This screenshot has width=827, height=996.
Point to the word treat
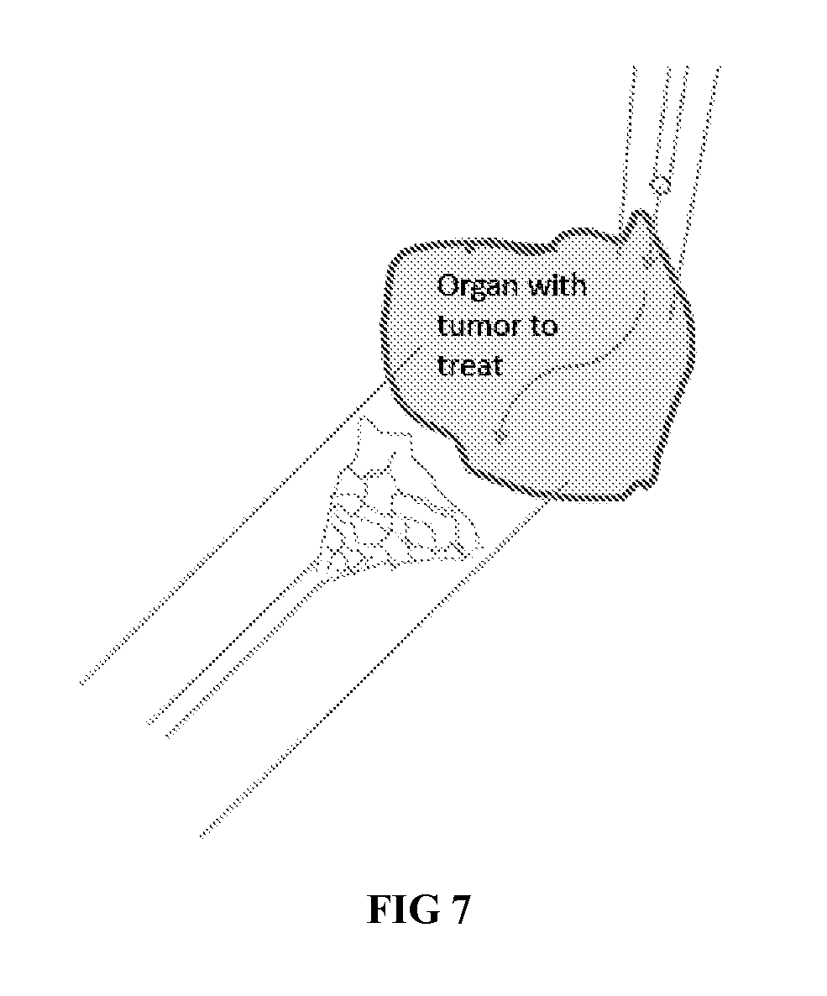point(469,364)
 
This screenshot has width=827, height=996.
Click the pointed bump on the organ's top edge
point(642,215)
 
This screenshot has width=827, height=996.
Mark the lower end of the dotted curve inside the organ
point(498,437)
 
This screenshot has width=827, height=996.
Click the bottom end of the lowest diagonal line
point(202,836)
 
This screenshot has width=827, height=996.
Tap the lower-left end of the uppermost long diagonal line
point(81,683)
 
